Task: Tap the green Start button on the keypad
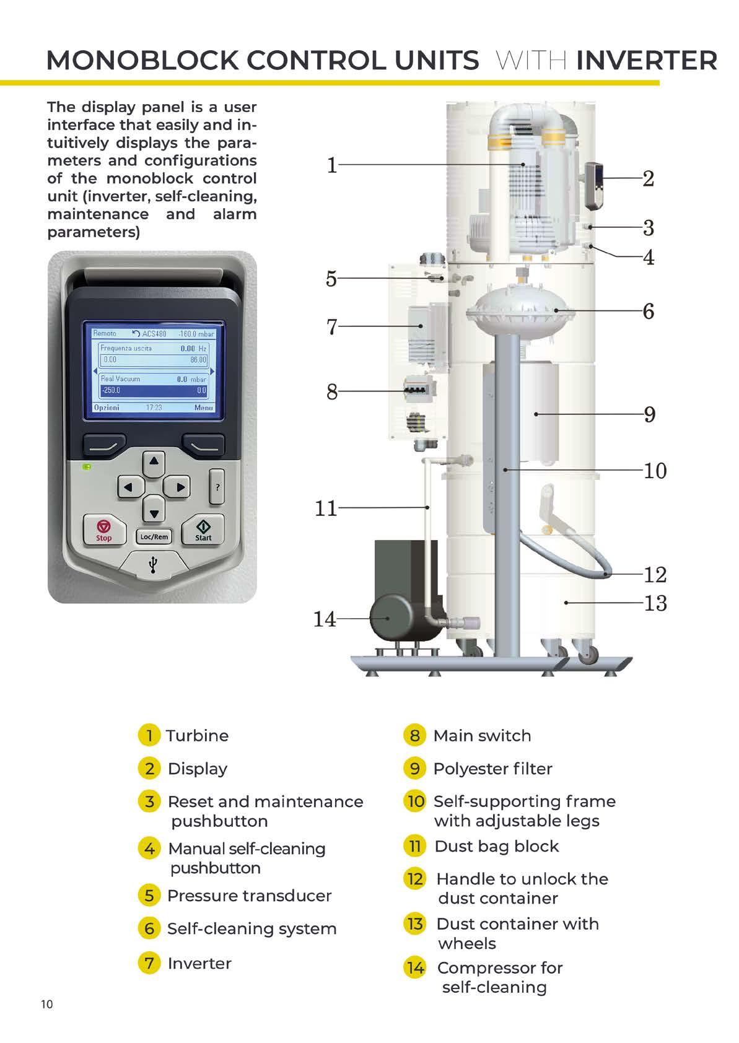pos(203,531)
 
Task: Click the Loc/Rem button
pos(154,536)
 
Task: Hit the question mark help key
pos(217,487)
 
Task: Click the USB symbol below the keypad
pos(153,565)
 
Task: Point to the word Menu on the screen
pos(204,408)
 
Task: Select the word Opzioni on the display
pos(107,408)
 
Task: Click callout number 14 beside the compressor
pos(325,619)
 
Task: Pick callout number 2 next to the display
pos(648,178)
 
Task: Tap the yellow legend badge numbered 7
pos(149,962)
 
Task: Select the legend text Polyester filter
pos(492,768)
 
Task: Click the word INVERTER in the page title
pos(647,61)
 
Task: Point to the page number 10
pos(47,1004)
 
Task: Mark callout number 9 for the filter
pos(650,414)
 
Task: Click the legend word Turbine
pos(198,735)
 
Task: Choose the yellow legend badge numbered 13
pos(414,923)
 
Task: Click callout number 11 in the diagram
pos(326,508)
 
